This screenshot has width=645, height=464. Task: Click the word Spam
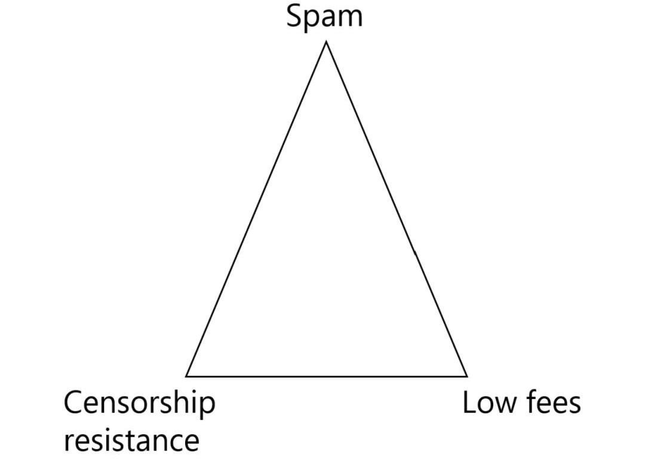tap(324, 16)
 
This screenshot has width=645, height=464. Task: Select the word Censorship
tap(139, 404)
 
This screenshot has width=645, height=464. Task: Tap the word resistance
tap(131, 441)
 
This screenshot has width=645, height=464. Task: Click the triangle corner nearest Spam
tap(326, 42)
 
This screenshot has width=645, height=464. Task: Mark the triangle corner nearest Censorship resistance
tap(186, 376)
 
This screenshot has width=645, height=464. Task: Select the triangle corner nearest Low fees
tap(466, 376)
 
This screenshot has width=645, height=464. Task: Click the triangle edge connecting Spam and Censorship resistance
tap(256, 209)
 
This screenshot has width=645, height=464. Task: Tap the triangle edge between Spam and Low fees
tap(396, 209)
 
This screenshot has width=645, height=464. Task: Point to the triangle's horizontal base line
tap(326, 376)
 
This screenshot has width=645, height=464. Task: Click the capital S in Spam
tap(294, 16)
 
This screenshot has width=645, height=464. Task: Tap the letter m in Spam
tap(350, 19)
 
